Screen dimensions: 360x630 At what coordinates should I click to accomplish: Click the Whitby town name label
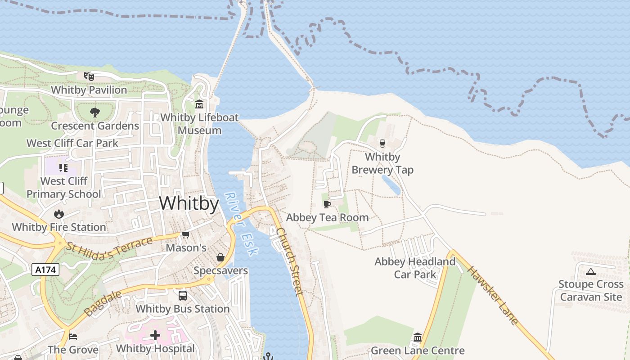point(189,203)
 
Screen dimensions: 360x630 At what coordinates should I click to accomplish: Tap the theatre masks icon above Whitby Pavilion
point(89,76)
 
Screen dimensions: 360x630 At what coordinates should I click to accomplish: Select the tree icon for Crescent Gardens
point(94,112)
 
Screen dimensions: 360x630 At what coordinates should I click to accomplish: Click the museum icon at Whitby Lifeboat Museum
point(199,104)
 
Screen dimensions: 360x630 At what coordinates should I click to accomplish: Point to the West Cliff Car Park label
point(72,143)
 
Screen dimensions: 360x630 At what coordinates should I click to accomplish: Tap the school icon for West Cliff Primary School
point(63,168)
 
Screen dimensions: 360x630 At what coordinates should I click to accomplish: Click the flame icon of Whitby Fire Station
point(59,214)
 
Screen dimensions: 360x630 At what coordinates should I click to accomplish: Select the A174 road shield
point(45,270)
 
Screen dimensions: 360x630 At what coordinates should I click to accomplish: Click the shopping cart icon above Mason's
point(185,234)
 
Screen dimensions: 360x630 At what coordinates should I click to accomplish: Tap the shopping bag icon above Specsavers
point(220,257)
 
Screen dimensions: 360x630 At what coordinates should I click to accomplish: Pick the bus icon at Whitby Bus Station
point(183,296)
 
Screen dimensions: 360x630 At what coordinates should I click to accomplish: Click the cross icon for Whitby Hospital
point(155,335)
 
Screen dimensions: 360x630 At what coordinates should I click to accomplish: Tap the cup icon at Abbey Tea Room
point(327,204)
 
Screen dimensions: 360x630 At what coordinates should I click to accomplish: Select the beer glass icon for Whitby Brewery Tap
point(382,144)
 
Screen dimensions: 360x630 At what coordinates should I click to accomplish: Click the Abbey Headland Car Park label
point(415,268)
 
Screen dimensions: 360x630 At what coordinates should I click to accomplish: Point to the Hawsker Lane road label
point(492,295)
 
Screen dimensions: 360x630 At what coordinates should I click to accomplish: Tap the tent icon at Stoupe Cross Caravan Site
point(591,271)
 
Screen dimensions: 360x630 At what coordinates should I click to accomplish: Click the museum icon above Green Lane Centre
point(418,337)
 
